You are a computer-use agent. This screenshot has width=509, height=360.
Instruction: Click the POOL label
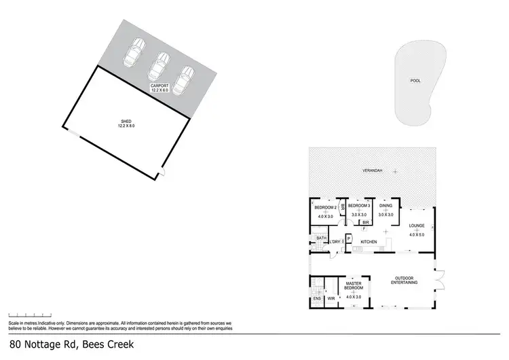(x=415, y=81)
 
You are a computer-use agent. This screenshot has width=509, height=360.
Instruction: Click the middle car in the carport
(x=159, y=66)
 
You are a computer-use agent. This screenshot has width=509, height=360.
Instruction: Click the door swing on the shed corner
(x=162, y=175)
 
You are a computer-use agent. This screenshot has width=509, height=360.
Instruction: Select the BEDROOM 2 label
(x=326, y=207)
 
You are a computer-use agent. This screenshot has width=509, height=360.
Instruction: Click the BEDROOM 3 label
(x=358, y=205)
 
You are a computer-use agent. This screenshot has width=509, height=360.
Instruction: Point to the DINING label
(x=385, y=205)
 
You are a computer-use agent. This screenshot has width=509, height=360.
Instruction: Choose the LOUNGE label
(x=416, y=226)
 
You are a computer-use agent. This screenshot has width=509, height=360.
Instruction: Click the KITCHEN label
(x=369, y=242)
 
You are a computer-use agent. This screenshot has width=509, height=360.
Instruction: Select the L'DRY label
(x=335, y=242)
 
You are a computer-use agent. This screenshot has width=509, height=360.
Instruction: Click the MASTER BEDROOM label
(x=353, y=286)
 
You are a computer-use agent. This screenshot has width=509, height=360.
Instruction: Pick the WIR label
(x=331, y=298)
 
